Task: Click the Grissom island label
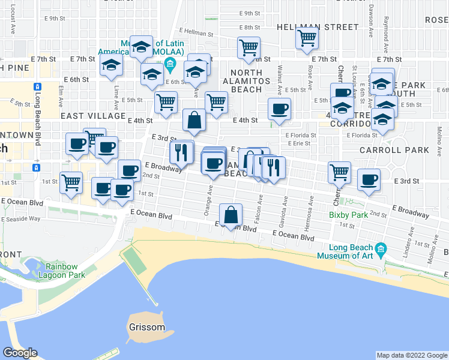point(147,328)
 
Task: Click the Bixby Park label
point(348,214)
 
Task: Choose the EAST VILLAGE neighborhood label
point(92,116)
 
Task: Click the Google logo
point(20,353)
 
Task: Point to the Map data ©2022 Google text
point(411,355)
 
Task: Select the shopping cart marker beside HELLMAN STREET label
point(307,38)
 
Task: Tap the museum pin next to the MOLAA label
point(170,64)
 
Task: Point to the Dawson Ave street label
point(372,18)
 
